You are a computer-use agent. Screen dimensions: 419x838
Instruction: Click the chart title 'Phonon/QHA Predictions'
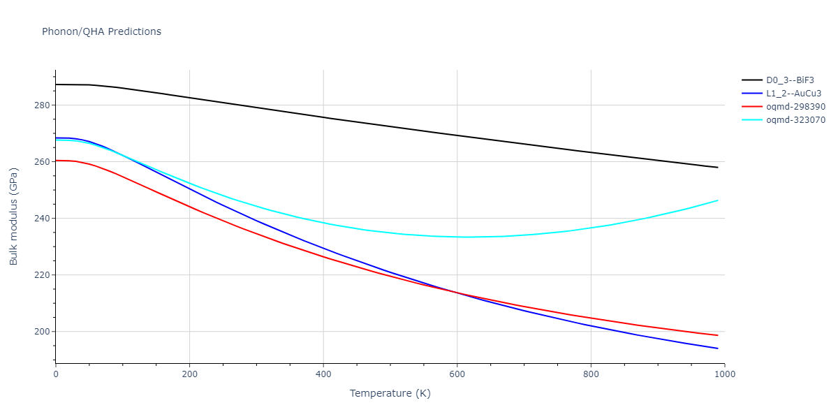(x=101, y=31)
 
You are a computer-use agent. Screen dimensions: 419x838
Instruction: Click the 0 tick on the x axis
(x=56, y=374)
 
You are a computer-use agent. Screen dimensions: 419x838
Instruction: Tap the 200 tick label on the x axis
(x=189, y=374)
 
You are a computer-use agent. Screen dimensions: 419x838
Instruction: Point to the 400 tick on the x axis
(x=323, y=374)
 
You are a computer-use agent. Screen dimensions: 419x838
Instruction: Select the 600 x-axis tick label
(x=457, y=374)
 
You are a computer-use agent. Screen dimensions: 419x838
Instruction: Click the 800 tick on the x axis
(x=591, y=374)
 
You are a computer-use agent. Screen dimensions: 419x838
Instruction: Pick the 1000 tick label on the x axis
(x=724, y=374)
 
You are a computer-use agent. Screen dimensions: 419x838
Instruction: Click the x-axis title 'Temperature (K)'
(x=390, y=394)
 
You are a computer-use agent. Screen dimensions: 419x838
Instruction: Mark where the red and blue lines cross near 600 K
(x=457, y=293)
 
